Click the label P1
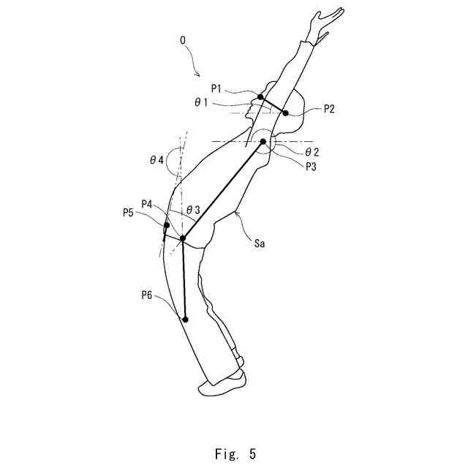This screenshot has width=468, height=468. tap(217, 88)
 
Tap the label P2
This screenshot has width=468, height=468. tap(328, 109)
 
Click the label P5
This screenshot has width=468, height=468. tap(129, 214)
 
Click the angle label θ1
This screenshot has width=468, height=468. tap(201, 103)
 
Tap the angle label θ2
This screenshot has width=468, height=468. tap(312, 151)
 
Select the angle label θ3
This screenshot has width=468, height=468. tap(194, 210)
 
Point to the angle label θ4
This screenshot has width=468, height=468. tap(156, 160)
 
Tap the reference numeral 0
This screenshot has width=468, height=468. tap(182, 42)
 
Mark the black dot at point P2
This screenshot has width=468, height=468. tap(286, 113)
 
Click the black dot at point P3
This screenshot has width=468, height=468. tap(263, 141)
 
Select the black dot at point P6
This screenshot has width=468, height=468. tap(186, 320)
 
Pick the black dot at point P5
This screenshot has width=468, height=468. tap(167, 225)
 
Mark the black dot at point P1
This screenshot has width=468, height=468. tap(260, 97)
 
